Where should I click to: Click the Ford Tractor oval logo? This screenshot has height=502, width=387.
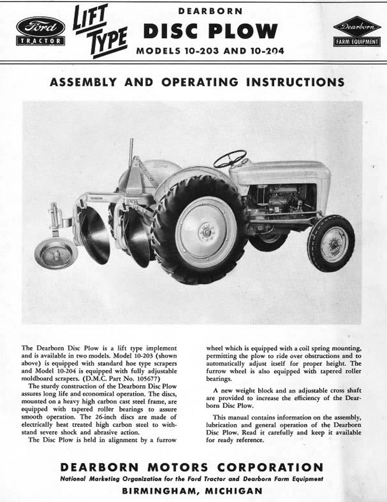(40, 31)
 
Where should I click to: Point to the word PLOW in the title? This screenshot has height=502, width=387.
(243, 31)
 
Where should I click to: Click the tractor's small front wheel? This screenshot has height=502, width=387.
(331, 243)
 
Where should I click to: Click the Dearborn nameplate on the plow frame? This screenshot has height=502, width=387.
(97, 198)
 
